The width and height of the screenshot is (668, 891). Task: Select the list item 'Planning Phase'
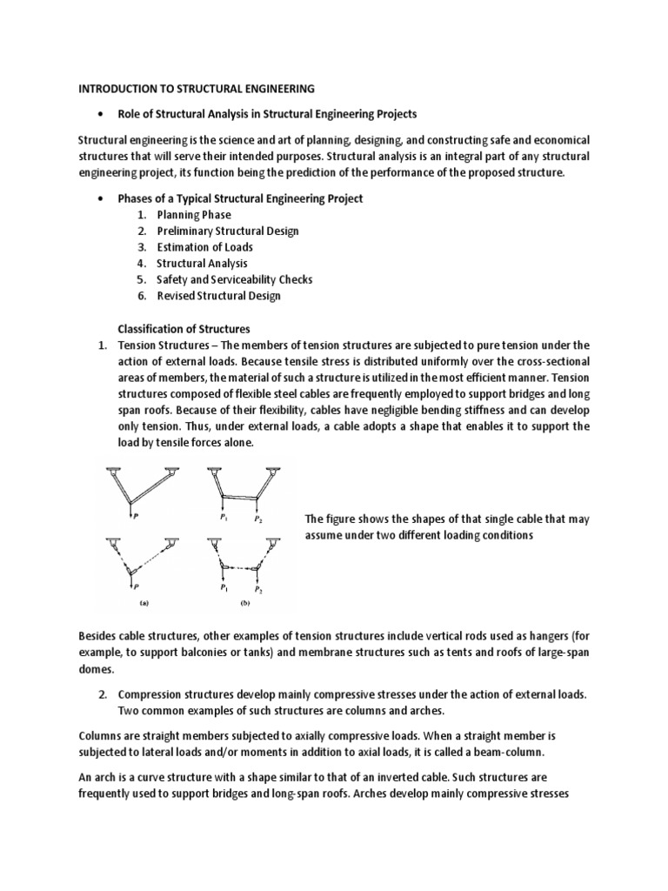[194, 215]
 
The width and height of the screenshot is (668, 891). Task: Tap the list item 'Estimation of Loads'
[204, 247]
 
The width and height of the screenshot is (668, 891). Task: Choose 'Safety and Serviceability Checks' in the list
[234, 279]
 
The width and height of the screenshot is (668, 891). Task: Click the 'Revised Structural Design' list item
[218, 296]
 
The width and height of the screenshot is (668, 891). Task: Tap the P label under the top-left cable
[134, 514]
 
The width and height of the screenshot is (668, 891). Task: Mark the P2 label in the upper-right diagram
[258, 519]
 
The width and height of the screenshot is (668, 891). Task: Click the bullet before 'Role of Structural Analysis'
[102, 114]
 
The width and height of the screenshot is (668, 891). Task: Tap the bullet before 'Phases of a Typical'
[102, 198]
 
